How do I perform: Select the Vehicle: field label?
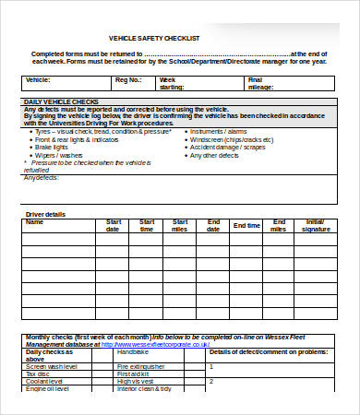(x=40, y=80)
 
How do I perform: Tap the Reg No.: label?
(x=128, y=80)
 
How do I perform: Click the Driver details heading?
(x=44, y=214)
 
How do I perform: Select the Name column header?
(x=34, y=221)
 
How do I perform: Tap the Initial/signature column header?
(x=315, y=225)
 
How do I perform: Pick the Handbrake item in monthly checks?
(x=133, y=351)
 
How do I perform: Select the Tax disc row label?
(x=38, y=373)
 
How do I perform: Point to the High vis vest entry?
(x=136, y=381)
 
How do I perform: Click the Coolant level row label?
(x=45, y=381)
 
